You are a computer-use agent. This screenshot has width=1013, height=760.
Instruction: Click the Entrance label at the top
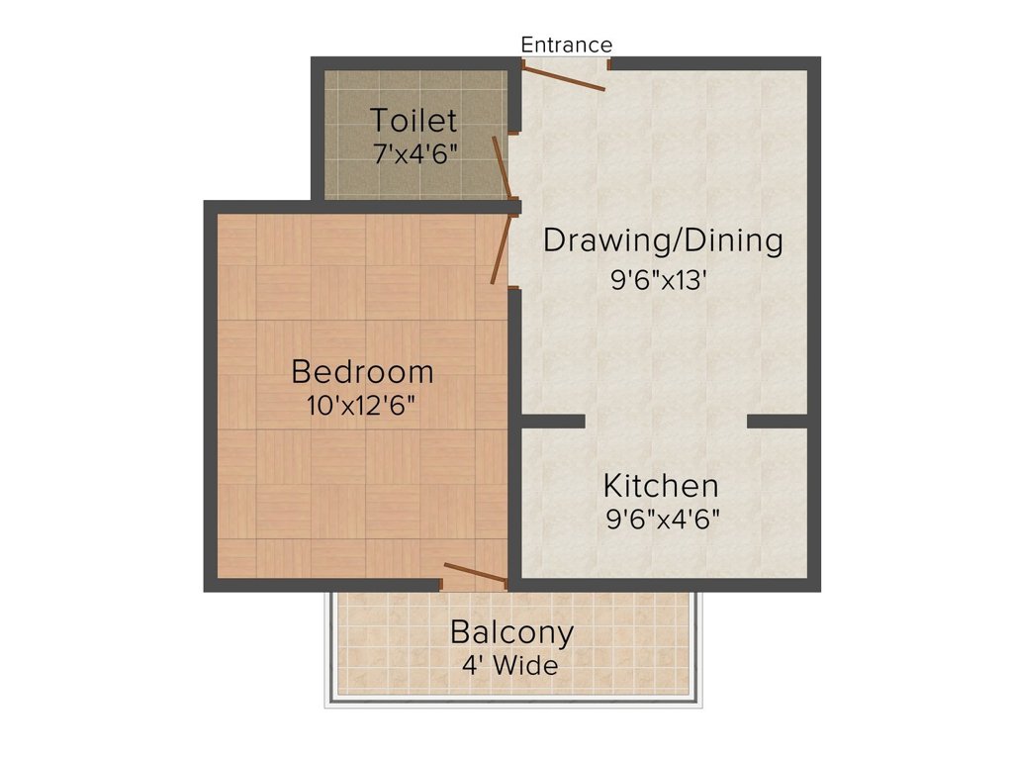pyautogui.click(x=566, y=45)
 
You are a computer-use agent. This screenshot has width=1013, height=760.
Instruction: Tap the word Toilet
pyautogui.click(x=414, y=121)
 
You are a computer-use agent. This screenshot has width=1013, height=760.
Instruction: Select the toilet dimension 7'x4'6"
pyautogui.click(x=414, y=153)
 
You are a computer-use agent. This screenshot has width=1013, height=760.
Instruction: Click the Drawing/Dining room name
pyautogui.click(x=663, y=240)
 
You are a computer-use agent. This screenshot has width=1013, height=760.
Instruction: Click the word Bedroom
pyautogui.click(x=362, y=372)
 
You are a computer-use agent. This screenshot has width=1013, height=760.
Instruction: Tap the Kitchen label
pyautogui.click(x=661, y=486)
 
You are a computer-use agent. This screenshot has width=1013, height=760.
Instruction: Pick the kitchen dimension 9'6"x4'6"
pyautogui.click(x=662, y=519)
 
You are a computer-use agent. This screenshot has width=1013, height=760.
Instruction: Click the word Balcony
pyautogui.click(x=511, y=631)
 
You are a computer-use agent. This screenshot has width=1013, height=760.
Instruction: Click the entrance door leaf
pyautogui.click(x=563, y=77)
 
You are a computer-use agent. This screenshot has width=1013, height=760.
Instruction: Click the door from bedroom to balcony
pyautogui.click(x=475, y=573)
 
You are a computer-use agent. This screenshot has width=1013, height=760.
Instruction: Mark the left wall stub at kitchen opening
pyautogui.click(x=552, y=421)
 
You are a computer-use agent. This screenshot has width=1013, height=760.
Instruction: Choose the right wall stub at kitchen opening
pyautogui.click(x=779, y=421)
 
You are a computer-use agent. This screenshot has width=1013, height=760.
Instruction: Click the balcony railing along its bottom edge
pyautogui.click(x=513, y=703)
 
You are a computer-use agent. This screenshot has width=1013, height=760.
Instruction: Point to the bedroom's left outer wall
pyautogui.click(x=210, y=396)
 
